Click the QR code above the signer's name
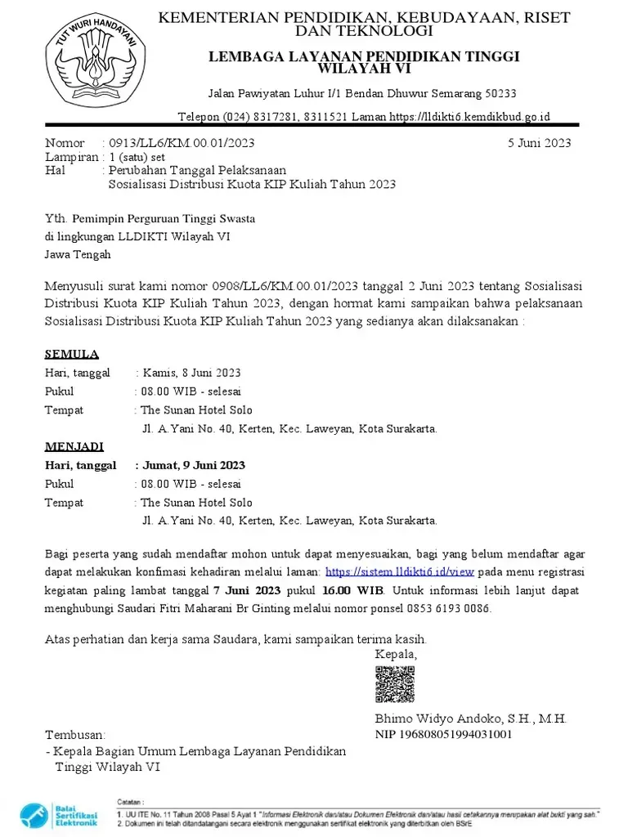coord(394,684)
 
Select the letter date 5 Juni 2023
coord(539,143)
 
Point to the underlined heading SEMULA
coord(72,354)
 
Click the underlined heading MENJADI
coord(74,446)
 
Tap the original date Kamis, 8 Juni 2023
coord(192,373)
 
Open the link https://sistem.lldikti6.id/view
coord(400,571)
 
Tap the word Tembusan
coord(75,735)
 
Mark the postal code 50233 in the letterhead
coord(498,93)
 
